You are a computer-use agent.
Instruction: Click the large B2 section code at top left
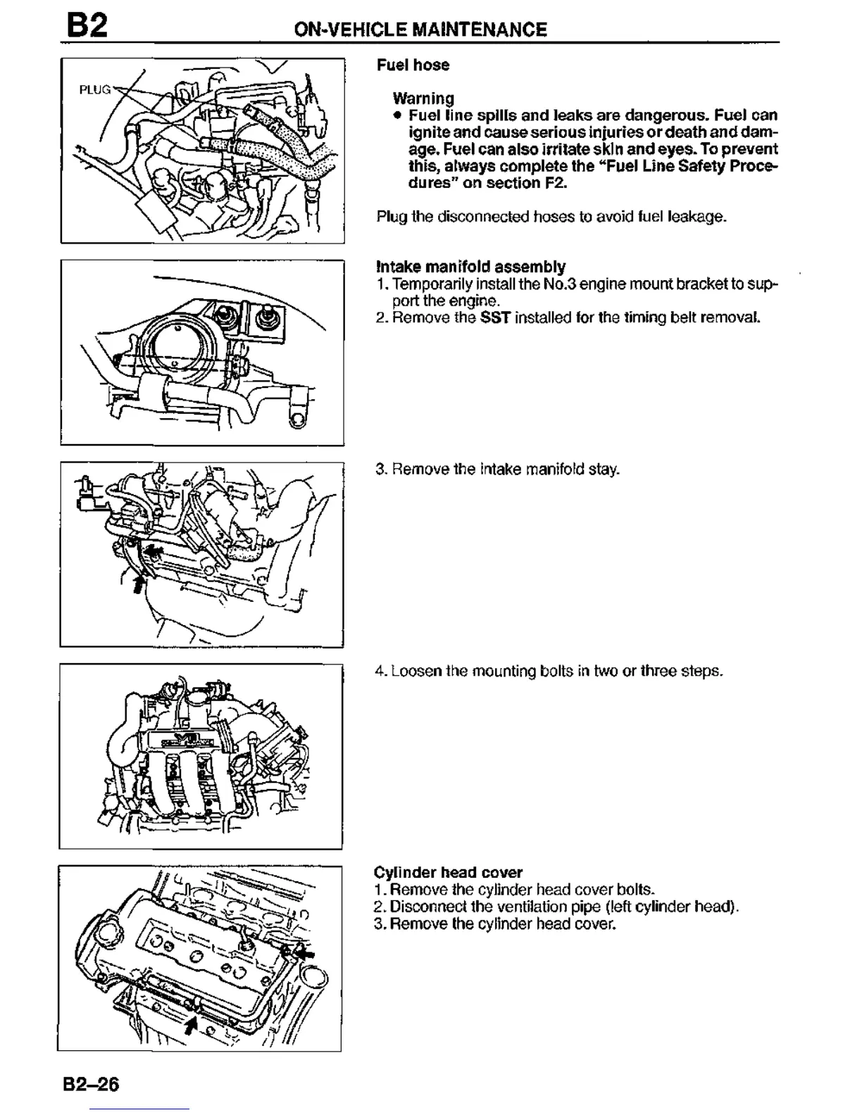[87, 26]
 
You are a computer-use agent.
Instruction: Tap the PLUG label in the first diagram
[94, 89]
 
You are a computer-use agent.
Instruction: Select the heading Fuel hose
[413, 65]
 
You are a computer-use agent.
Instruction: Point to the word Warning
[423, 98]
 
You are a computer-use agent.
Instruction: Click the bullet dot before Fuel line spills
[398, 115]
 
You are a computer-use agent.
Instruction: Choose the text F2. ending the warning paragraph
[554, 183]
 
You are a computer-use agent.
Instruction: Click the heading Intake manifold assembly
[471, 267]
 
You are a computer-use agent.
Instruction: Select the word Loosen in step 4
[414, 671]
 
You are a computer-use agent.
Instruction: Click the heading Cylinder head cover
[448, 873]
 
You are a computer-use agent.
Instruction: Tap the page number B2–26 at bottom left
[89, 1084]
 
